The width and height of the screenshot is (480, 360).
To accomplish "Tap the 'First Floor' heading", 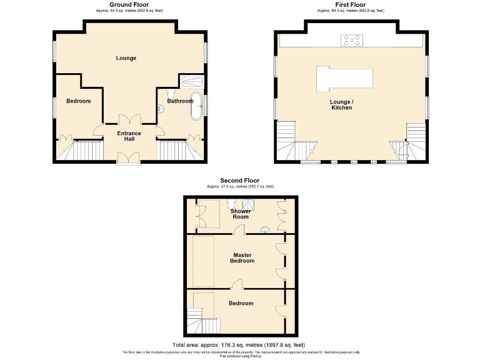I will click(x=350, y=5).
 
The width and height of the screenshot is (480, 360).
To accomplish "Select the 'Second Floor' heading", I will click(x=240, y=181).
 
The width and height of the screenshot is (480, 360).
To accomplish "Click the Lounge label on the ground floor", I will click(x=126, y=58).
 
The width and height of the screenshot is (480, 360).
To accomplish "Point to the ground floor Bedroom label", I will click(x=79, y=101).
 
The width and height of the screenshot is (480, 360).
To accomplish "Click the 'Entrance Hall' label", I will click(x=129, y=136).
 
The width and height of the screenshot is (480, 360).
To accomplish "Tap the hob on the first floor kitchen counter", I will click(x=352, y=41).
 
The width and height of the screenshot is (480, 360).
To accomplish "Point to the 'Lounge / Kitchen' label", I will click(x=342, y=104).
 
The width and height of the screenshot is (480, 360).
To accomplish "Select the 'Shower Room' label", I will click(x=241, y=214).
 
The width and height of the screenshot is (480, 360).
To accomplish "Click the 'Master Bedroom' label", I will click(x=243, y=257).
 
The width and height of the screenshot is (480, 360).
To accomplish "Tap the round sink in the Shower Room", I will click(x=266, y=229).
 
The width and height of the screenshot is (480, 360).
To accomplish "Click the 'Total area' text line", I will click(x=239, y=345).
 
